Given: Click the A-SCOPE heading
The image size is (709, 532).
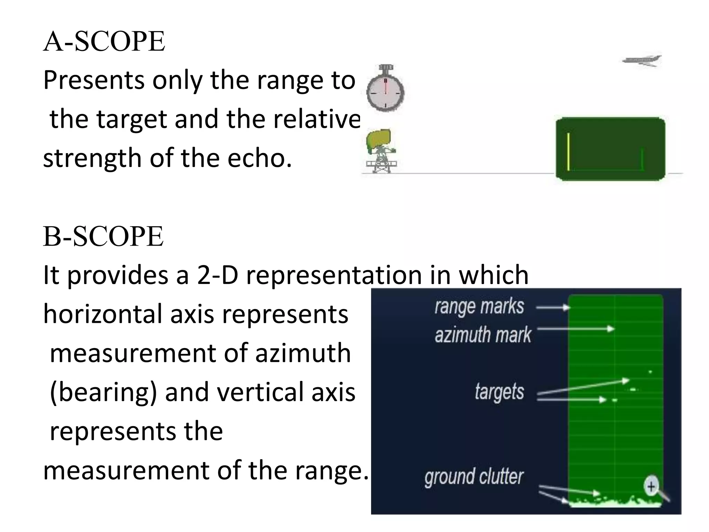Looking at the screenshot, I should click(x=104, y=42).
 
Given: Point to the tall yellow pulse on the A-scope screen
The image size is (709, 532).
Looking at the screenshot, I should click(x=568, y=152).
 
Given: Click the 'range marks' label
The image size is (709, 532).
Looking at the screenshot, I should click(x=479, y=307).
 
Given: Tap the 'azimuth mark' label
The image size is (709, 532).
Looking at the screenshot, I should click(x=483, y=335).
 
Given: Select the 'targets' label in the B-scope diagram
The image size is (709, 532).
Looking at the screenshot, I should click(x=499, y=392).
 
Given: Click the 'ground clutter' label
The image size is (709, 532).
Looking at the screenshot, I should click(x=474, y=477).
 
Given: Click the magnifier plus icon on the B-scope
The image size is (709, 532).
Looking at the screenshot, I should click(x=652, y=486).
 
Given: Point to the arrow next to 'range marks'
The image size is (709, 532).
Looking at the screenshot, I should click(x=553, y=307).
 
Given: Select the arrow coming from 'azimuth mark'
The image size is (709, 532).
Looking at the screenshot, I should click(x=575, y=329).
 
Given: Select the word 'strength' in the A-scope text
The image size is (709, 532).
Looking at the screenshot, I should click(x=92, y=158).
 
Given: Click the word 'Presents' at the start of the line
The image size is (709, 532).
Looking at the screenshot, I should click(x=93, y=80).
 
